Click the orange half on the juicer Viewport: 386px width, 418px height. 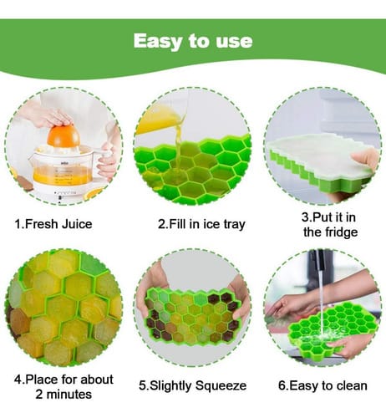63,136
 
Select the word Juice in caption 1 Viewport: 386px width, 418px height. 77,224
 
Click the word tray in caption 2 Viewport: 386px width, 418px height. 235,225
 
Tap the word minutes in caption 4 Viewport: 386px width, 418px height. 69,395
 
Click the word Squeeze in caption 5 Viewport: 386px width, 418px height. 221,386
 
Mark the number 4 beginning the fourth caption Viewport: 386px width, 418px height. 18,380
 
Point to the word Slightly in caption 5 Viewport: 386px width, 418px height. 170,386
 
